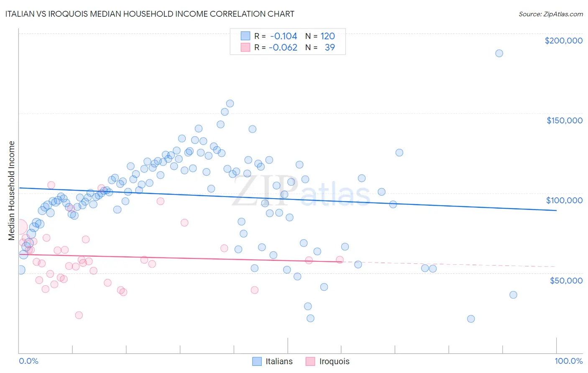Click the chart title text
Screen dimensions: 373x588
pyautogui.click(x=150, y=14)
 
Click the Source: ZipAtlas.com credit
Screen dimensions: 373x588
pyautogui.click(x=550, y=14)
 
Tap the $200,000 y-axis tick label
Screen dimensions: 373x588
pyautogui.click(x=563, y=41)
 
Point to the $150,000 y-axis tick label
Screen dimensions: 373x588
pyautogui.click(x=564, y=120)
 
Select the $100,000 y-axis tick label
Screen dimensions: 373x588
pyautogui.click(x=564, y=200)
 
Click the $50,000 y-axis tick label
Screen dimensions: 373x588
pyautogui.click(x=566, y=280)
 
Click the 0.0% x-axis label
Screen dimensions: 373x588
pyautogui.click(x=28, y=361)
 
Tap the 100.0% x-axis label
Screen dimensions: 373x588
pyautogui.click(x=568, y=361)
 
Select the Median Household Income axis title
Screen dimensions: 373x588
pyautogui.click(x=12, y=191)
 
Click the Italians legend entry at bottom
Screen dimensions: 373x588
pyautogui.click(x=273, y=361)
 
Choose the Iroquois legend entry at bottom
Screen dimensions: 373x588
pyautogui.click(x=327, y=361)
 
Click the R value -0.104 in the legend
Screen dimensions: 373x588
pyautogui.click(x=284, y=36)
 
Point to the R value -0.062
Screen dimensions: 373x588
pyautogui.click(x=283, y=47)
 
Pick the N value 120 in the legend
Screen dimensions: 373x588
pyautogui.click(x=328, y=36)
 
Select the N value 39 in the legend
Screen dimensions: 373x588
pyautogui.click(x=330, y=47)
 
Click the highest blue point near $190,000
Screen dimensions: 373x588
pyautogui.click(x=499, y=53)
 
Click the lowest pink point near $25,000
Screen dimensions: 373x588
pyautogui.click(x=79, y=315)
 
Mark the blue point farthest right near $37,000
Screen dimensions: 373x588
pyautogui.click(x=513, y=295)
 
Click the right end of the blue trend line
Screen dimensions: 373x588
pyautogui.click(x=556, y=210)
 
